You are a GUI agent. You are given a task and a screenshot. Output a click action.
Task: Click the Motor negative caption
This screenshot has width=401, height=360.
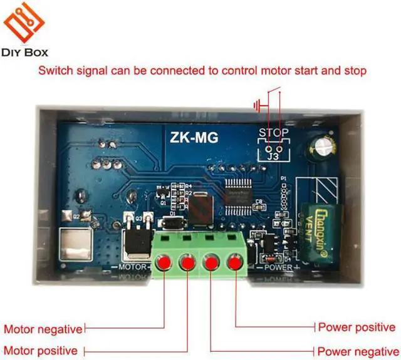(x=43, y=329)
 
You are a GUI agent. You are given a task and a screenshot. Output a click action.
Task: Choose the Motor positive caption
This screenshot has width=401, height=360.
(x=41, y=350)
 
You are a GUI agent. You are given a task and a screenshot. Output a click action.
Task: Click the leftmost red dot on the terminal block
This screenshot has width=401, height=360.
(x=165, y=261)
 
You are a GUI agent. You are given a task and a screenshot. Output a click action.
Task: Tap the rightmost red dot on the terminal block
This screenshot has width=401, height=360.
(x=236, y=261)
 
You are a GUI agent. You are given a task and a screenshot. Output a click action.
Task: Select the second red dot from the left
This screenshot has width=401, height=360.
(x=188, y=262)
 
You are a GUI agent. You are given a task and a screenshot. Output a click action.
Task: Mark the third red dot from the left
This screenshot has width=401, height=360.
(x=212, y=262)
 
